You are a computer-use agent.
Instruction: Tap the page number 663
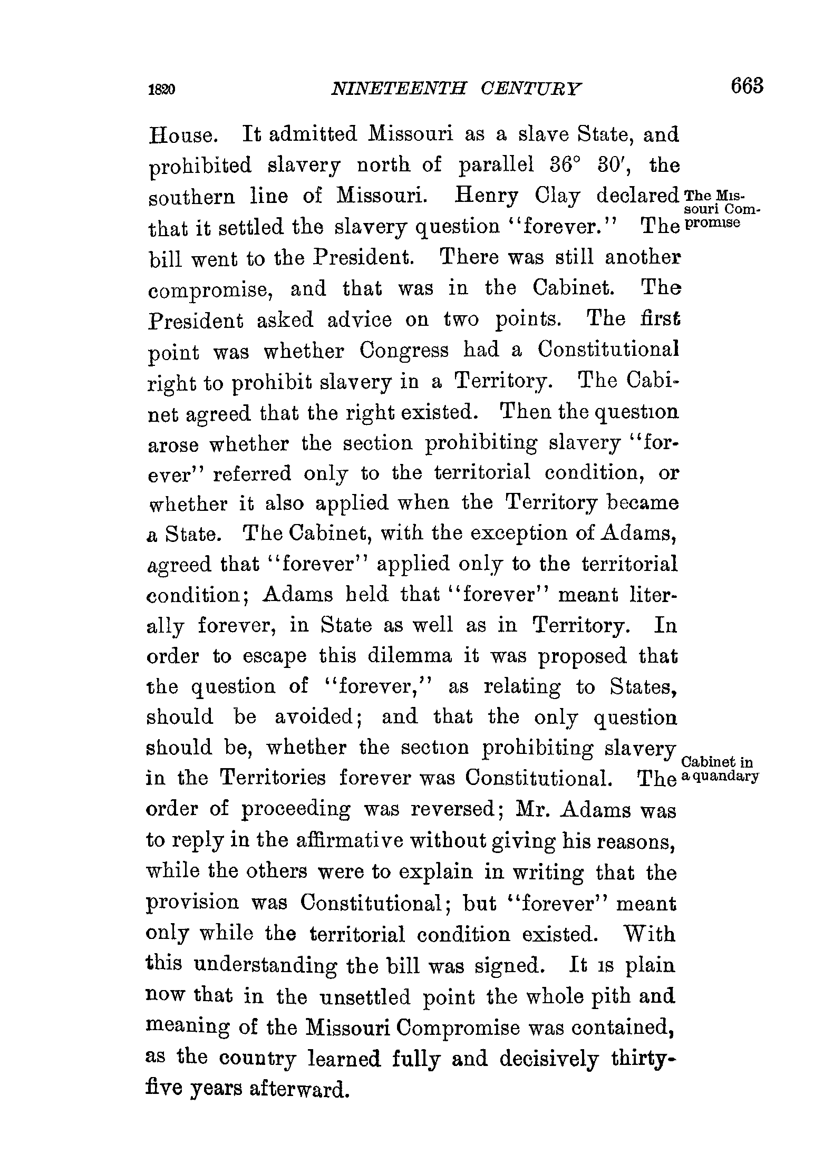click(x=747, y=86)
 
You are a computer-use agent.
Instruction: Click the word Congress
click(x=404, y=351)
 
